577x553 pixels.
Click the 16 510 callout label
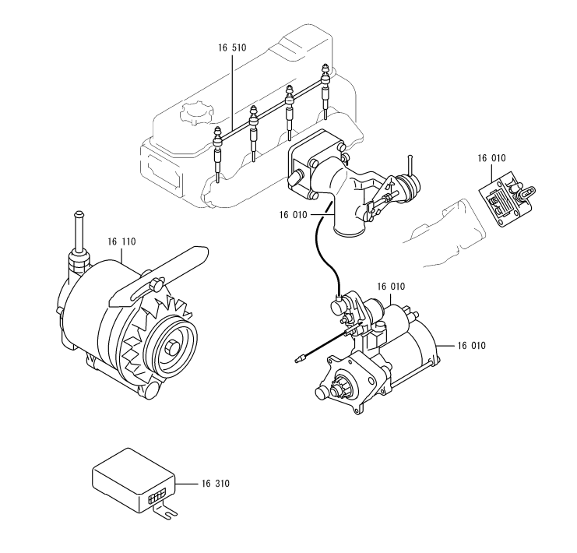pyautogui.click(x=232, y=48)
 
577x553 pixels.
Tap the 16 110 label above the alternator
pyautogui.click(x=121, y=242)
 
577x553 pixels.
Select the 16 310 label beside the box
pyautogui.click(x=215, y=484)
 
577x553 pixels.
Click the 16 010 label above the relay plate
pyautogui.click(x=491, y=158)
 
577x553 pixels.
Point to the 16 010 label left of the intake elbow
pyautogui.click(x=293, y=215)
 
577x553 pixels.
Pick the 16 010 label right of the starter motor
pyautogui.click(x=472, y=346)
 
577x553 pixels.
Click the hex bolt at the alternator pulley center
pyautogui.click(x=171, y=347)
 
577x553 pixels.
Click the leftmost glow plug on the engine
pyautogui.click(x=218, y=154)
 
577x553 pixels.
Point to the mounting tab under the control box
pyautogui.click(x=166, y=511)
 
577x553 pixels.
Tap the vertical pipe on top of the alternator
pyautogui.click(x=79, y=232)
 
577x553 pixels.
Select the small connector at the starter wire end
pyautogui.click(x=300, y=358)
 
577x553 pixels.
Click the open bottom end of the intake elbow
pyautogui.click(x=349, y=231)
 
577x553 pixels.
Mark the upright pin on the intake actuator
pyautogui.click(x=410, y=165)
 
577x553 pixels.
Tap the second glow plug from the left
pyautogui.click(x=254, y=134)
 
